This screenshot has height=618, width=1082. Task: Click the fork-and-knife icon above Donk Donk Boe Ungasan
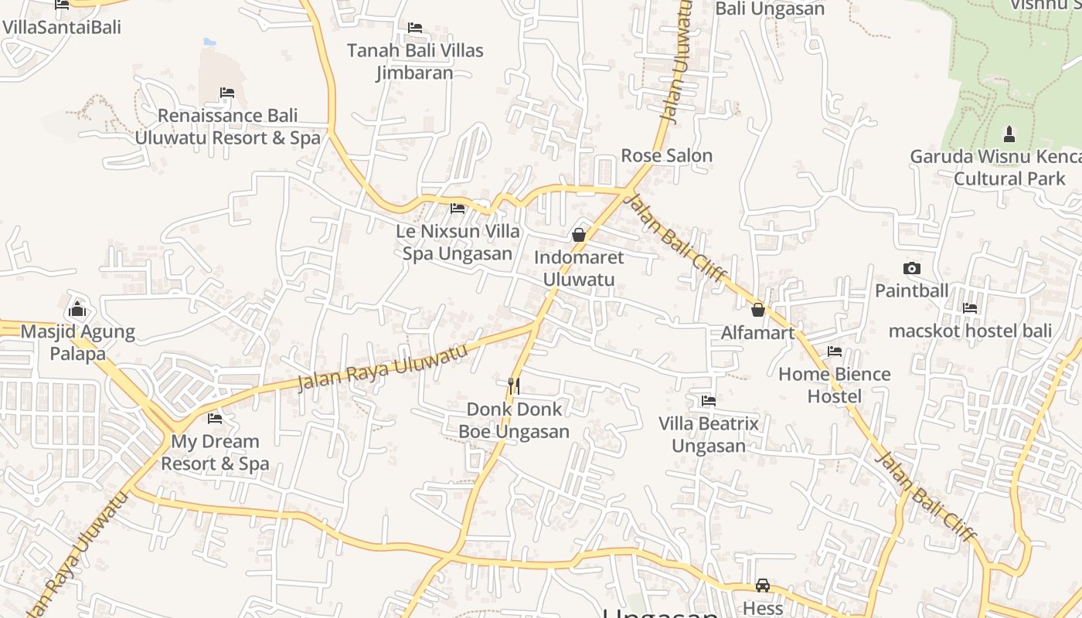click(x=513, y=385)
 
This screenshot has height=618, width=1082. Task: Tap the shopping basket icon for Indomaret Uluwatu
click(x=579, y=235)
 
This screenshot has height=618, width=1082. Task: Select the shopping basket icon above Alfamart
click(x=758, y=310)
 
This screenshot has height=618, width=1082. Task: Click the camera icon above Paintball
click(x=912, y=269)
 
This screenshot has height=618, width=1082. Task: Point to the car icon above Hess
click(x=763, y=586)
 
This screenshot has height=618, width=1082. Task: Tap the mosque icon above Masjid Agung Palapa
click(x=77, y=310)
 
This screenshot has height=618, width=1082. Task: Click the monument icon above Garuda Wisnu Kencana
click(x=1009, y=134)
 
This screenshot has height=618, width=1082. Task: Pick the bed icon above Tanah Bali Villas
click(x=415, y=28)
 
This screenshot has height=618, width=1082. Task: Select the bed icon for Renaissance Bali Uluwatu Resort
click(x=227, y=93)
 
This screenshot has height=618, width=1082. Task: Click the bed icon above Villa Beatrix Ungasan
click(x=709, y=401)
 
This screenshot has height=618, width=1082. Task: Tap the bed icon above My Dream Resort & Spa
click(x=215, y=419)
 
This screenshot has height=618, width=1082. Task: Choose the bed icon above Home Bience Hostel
click(x=835, y=351)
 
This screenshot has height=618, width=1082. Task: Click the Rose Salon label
click(x=667, y=156)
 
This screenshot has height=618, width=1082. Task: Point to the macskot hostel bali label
click(x=970, y=331)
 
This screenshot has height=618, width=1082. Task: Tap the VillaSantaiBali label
click(x=62, y=28)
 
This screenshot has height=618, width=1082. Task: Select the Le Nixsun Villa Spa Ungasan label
click(x=458, y=243)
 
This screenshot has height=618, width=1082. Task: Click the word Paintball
click(x=912, y=291)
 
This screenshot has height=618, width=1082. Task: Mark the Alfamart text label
click(x=758, y=333)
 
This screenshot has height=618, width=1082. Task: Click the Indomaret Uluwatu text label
click(x=579, y=268)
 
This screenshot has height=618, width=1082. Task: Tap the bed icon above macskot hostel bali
click(x=970, y=308)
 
